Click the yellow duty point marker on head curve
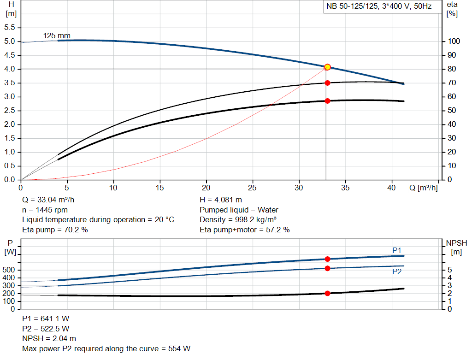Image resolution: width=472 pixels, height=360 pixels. point(327,67)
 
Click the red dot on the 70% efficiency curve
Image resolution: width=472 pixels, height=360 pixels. point(327,83)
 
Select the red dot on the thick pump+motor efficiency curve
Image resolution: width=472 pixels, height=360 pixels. point(327,101)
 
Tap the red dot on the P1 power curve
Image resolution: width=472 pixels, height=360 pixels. point(327,259)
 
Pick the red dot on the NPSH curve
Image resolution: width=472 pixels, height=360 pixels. point(327,293)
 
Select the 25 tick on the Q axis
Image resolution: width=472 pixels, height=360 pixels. point(253,188)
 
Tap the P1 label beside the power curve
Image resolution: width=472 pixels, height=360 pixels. point(397,250)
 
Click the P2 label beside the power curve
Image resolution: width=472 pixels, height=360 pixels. point(397,272)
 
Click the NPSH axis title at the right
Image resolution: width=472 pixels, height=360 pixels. point(456,243)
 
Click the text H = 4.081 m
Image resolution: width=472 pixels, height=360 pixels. point(221,200)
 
